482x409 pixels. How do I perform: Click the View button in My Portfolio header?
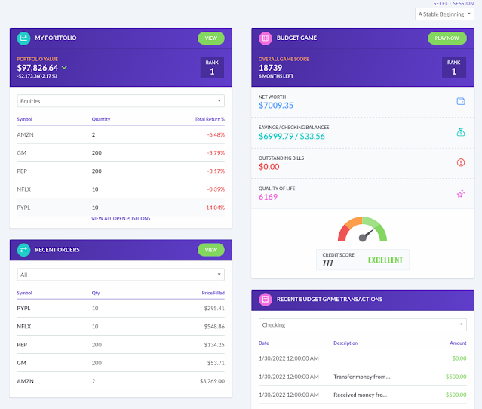click(x=210, y=38)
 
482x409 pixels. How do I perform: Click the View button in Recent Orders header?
click(x=210, y=249)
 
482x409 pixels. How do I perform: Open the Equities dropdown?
click(x=121, y=100)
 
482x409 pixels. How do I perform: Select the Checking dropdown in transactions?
click(x=362, y=324)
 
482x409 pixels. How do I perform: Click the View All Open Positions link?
click(x=121, y=218)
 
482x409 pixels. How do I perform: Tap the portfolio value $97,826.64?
click(x=38, y=68)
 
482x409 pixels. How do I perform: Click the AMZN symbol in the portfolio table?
click(x=25, y=134)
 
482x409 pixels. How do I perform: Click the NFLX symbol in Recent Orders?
click(x=25, y=326)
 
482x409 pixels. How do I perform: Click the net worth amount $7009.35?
click(x=276, y=106)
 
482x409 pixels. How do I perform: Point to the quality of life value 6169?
click(x=269, y=197)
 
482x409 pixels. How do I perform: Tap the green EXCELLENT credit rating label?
click(x=385, y=260)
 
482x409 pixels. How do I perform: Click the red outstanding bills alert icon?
click(x=460, y=162)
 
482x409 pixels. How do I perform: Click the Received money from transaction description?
click(x=361, y=395)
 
